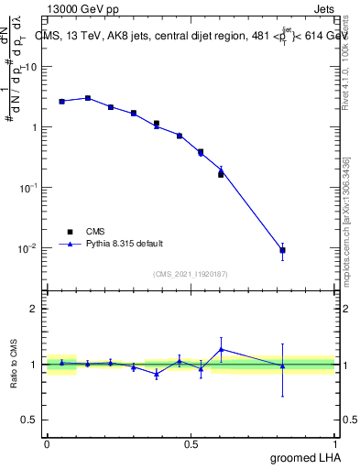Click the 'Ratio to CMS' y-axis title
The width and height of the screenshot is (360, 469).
14,365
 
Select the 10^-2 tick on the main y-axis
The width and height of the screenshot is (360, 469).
30,248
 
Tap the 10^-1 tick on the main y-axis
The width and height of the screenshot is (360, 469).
30,188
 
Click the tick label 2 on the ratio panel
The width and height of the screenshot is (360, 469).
34,309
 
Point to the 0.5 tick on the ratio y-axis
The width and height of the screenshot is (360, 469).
30,420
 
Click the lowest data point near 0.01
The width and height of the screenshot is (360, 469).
282,250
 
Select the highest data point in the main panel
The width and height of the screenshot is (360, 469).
88,98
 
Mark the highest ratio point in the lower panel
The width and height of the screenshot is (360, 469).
221,349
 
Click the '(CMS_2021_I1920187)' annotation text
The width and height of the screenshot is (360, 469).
191,273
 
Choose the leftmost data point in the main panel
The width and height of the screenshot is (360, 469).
61,102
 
